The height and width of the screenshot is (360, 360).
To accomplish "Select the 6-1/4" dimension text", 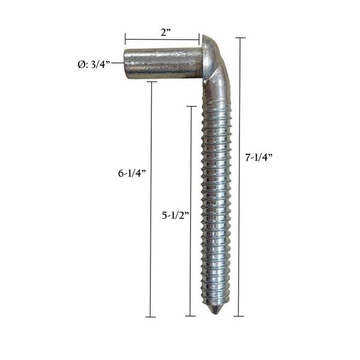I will click(x=132, y=173).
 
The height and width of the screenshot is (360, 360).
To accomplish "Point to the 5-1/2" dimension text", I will click(x=175, y=214).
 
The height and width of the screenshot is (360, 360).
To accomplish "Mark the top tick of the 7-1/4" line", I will click(x=240, y=38).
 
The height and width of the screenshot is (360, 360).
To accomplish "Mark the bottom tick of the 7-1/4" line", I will click(x=240, y=316).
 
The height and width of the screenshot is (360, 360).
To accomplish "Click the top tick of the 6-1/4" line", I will click(x=151, y=82).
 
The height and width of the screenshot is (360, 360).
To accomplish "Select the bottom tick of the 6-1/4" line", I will click(x=151, y=317).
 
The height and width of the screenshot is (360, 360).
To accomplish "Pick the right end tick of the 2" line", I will click(x=199, y=40).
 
